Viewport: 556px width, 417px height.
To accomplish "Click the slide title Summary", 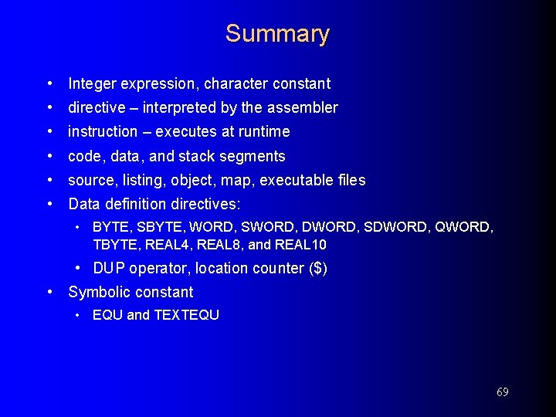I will click(277, 34).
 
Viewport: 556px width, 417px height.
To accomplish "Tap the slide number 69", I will click(502, 392).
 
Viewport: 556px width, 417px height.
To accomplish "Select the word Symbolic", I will click(98, 292).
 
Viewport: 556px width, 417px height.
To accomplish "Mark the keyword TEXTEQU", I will click(186, 315).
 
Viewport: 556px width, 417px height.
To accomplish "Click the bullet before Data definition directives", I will click(49, 205).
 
